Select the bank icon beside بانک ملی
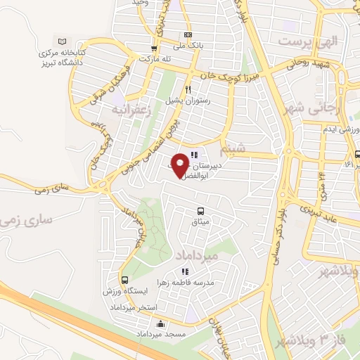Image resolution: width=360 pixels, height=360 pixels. coord(188,34)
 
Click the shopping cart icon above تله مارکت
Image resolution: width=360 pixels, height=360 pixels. coord(153,49)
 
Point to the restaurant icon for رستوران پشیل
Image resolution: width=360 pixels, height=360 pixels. coord(188,89)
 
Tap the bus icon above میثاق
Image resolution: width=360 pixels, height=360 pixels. coord(201,211)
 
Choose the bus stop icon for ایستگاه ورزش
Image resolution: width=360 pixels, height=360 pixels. coord(123,280)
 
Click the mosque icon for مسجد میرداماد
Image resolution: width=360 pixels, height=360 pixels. coord(161,324)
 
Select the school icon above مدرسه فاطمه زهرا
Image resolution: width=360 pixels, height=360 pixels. coord(184,271)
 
